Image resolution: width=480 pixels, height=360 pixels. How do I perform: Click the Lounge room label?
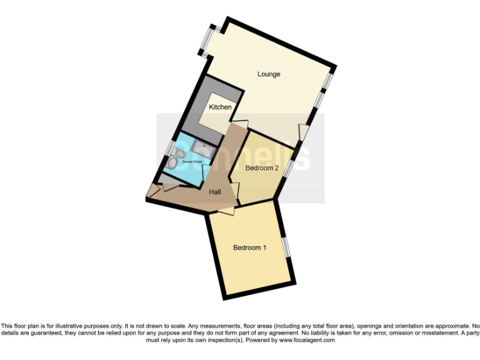click(269, 74)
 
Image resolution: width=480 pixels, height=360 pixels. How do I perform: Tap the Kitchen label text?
click(220, 107)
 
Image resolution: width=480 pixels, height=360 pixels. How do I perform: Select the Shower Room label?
click(192, 162)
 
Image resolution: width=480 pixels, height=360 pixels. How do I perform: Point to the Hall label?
click(215, 192)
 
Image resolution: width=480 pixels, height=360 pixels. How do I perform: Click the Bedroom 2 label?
click(261, 168)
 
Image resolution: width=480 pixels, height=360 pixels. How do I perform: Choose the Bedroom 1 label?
click(249, 247)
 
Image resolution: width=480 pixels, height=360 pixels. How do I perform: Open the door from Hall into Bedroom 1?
click(224, 212)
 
